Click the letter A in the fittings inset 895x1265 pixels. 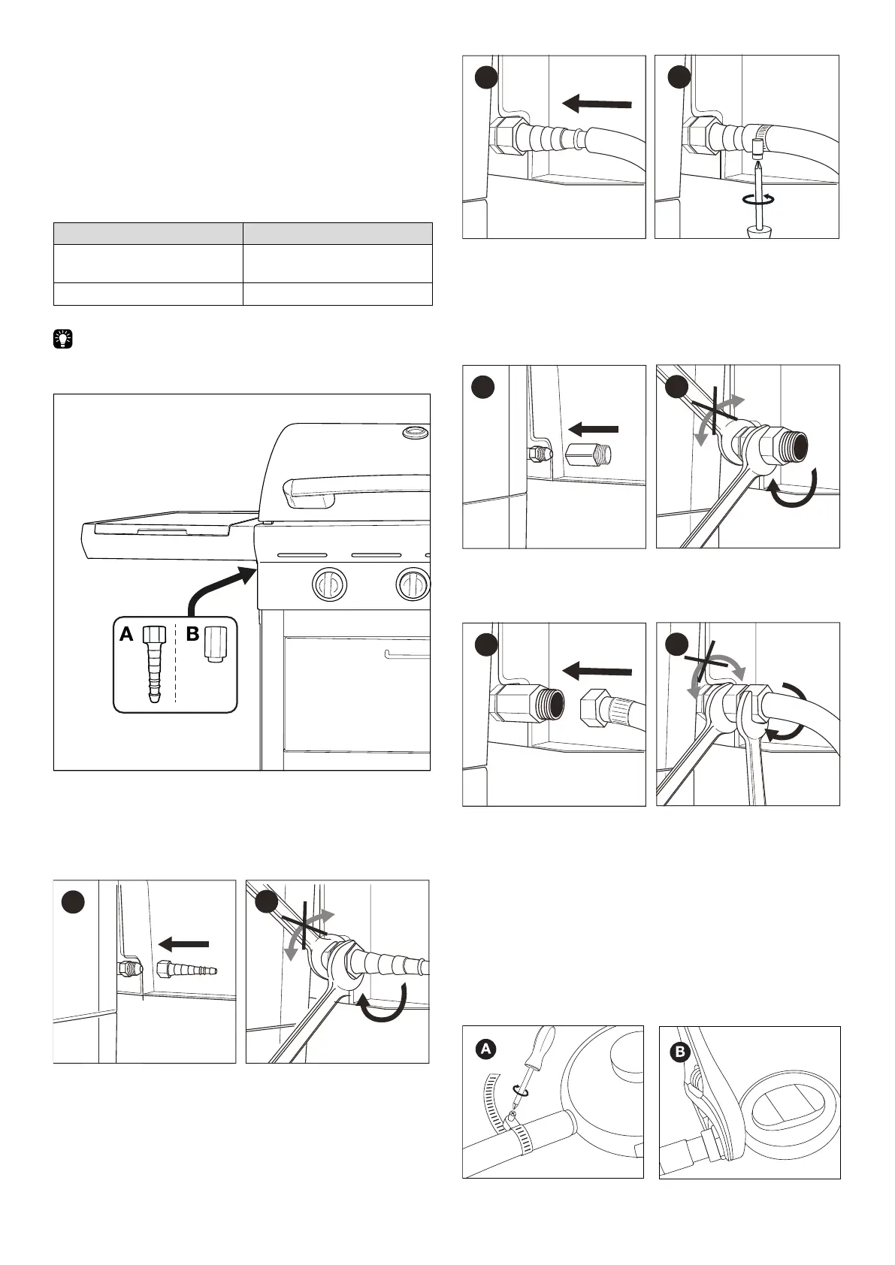coord(126,635)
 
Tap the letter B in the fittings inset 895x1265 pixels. coord(192,635)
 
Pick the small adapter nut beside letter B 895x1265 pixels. coord(215,644)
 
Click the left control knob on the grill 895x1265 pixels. coord(330,584)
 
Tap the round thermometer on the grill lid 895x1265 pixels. coord(414,433)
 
